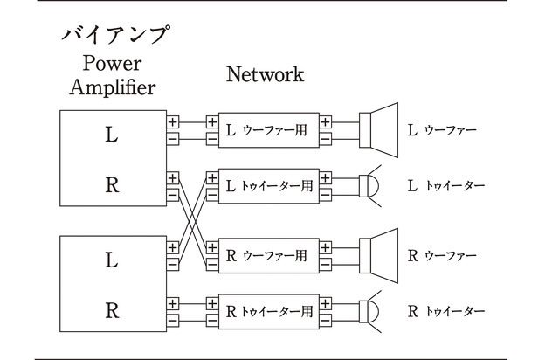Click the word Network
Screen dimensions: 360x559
coord(266,74)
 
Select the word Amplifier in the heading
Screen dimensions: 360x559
coord(113,87)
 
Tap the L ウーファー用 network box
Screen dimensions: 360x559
coord(269,130)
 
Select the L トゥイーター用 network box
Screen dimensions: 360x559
coord(269,186)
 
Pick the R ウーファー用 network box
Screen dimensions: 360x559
coord(269,256)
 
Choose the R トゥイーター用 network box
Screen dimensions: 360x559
coord(269,311)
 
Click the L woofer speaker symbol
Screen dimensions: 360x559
coord(379,130)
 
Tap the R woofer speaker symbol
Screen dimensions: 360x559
coord(379,256)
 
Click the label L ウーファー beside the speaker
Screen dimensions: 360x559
coord(443,131)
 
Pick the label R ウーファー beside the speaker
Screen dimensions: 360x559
coord(443,257)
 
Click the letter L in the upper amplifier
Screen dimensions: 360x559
coord(111,135)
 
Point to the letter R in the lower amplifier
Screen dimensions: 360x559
coord(111,309)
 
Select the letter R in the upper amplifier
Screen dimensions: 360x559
coord(111,185)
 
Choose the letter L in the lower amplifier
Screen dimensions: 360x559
coord(111,260)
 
